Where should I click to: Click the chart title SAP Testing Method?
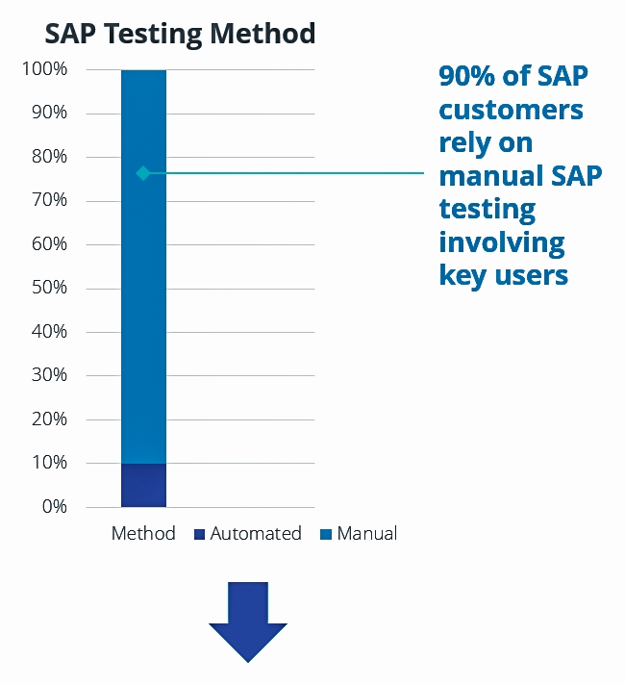pos(180,35)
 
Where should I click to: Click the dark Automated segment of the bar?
pos(143,485)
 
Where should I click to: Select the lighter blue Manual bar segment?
pos(143,289)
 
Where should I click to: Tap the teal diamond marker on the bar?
pos(143,173)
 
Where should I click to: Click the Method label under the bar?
pos(143,533)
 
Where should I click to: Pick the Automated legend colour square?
pos(199,534)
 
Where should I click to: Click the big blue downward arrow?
pos(248,622)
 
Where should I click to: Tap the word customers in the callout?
pos(511,110)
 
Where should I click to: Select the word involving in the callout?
pos(501,241)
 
